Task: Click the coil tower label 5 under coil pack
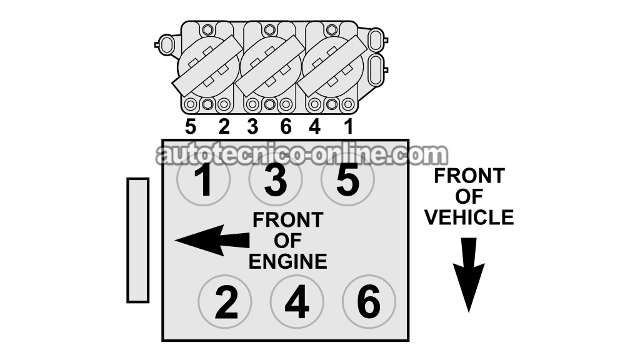coord(190,126)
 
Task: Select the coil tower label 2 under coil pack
coord(224,126)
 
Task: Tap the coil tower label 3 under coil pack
coord(252,126)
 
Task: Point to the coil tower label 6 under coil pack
coord(286,126)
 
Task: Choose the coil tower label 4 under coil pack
coord(314,126)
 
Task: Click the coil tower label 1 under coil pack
coord(347,126)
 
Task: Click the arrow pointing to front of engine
coord(212,241)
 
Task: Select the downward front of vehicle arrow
coord(469,275)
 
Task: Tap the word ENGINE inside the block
coord(287,262)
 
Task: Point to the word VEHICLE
coord(469,217)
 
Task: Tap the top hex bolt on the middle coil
coord(269,29)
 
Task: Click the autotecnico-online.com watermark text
coord(302,154)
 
